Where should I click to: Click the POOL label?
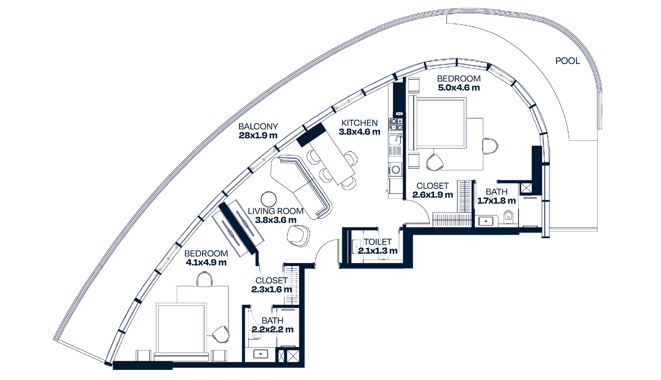[567, 61]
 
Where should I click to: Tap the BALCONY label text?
[258, 127]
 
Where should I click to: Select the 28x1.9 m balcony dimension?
[258, 135]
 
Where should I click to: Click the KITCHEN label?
[359, 123]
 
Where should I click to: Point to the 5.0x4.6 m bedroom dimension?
[459, 88]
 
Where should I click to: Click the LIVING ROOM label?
[275, 211]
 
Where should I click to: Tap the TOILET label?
[378, 242]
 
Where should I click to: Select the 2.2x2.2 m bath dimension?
[272, 329]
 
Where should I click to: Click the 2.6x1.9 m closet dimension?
[432, 195]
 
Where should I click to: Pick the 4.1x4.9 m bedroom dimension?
[206, 262]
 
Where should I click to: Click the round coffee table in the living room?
[269, 199]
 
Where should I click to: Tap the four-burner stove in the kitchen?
[396, 124]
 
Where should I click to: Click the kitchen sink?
[396, 140]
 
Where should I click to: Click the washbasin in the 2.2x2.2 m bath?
[261, 354]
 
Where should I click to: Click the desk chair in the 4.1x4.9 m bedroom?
[204, 279]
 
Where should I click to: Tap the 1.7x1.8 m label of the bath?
[496, 201]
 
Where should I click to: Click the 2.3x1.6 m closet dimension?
[271, 290]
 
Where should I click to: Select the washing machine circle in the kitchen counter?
[396, 169]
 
